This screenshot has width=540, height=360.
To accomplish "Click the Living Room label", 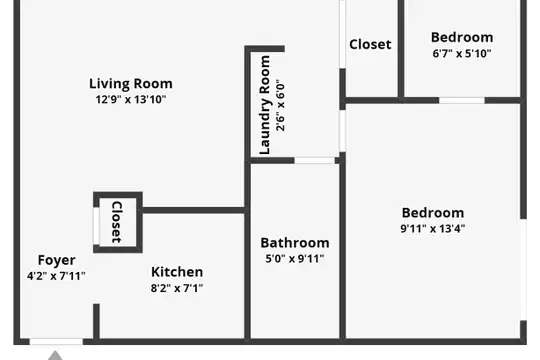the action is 131,84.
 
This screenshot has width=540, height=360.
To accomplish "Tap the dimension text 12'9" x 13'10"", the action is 131,100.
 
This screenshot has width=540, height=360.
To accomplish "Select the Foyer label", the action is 56,260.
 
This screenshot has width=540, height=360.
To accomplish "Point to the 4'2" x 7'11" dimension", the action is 56,276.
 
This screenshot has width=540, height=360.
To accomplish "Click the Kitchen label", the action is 177,272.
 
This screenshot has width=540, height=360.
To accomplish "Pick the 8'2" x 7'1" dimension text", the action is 177,288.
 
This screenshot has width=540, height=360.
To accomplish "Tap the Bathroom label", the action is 295,243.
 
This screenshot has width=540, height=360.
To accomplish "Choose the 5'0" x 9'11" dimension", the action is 295,258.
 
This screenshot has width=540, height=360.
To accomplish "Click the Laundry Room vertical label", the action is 264,105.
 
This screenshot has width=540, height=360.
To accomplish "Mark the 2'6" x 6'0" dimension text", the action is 280,107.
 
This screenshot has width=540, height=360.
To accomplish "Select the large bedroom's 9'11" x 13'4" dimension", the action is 433,228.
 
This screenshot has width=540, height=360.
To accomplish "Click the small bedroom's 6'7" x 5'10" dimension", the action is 462,53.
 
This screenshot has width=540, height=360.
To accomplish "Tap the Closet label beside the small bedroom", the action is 370,44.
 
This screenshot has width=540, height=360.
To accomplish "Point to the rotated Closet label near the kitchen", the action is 117,222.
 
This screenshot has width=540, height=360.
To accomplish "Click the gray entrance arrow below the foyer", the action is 55,356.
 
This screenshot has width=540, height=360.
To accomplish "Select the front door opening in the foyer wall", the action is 56,342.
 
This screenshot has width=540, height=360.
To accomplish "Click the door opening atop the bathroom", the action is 315,161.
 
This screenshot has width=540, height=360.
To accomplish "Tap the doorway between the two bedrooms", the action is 462,101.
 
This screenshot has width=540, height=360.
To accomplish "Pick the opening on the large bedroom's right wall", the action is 523,270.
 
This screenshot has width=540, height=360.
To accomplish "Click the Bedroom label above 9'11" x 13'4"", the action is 433,213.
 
